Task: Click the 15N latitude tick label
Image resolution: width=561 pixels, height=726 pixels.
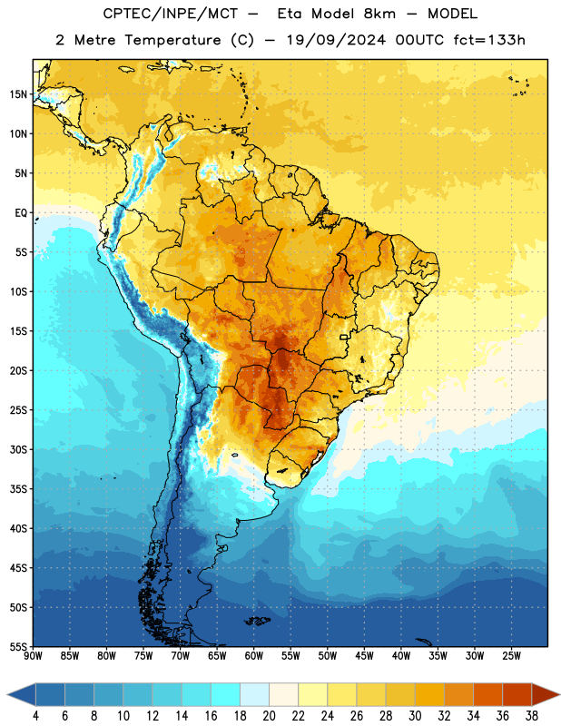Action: coord(18,94)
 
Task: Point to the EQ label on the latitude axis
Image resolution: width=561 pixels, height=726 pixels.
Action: coord(21,213)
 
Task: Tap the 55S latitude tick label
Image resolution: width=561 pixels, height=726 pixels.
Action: coord(18,646)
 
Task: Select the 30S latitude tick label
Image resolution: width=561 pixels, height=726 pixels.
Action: coord(18,449)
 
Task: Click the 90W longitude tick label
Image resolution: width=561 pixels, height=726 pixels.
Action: coord(33,656)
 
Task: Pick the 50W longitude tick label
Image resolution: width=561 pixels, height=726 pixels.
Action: coord(328,656)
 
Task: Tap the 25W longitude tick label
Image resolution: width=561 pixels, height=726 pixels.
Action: coord(511,656)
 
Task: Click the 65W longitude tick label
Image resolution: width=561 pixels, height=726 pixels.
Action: coord(217,656)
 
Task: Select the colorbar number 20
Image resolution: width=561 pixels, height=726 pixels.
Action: coord(269,716)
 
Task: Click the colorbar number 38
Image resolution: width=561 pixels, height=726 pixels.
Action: coord(532,716)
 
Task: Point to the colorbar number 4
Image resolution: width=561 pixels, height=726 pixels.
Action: coord(35,716)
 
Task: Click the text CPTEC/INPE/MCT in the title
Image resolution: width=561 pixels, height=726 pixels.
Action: coord(171,14)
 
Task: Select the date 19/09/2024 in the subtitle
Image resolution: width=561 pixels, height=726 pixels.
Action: coord(336,40)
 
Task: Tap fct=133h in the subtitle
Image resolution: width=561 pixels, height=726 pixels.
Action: coord(489,40)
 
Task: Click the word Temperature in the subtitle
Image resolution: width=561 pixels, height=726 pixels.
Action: coord(172,40)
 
